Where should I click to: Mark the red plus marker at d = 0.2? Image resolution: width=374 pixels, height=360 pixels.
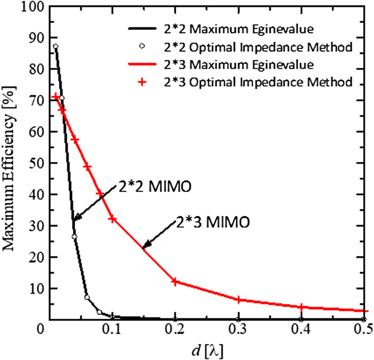pos(175,281)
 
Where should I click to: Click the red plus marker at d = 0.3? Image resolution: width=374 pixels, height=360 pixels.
pos(238,300)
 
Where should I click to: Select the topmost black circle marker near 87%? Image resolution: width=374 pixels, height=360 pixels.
pos(56,46)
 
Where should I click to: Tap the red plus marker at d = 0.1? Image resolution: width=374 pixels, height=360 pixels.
pos(112,219)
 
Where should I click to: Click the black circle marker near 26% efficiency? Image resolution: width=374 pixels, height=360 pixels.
pos(74,237)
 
